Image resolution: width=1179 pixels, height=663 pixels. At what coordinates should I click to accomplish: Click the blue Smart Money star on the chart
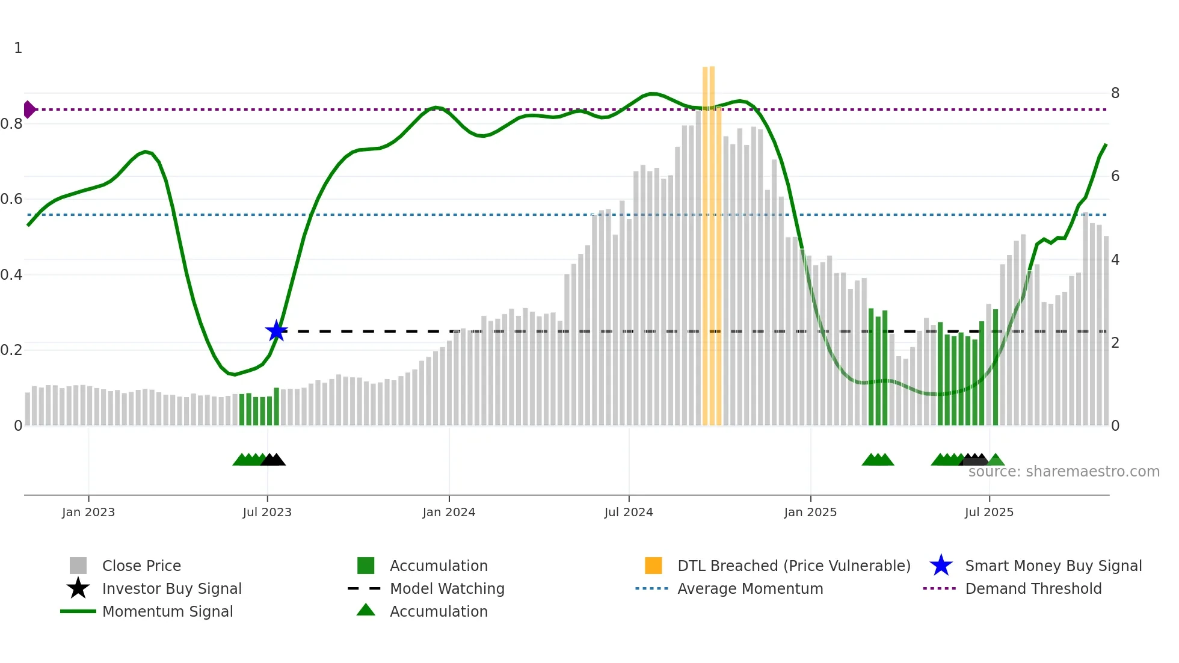click(x=276, y=331)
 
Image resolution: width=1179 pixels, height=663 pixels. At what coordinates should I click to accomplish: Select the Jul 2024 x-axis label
click(x=629, y=512)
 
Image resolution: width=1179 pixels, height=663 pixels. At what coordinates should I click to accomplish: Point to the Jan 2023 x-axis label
click(x=88, y=512)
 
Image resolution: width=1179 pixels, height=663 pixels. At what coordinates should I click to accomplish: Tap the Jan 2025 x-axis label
click(x=810, y=512)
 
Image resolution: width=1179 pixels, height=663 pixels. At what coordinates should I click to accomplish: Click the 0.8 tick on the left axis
click(x=11, y=124)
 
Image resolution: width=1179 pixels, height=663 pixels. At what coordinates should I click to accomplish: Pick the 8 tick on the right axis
click(x=1115, y=93)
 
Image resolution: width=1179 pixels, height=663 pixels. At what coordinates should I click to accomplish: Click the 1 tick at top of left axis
click(x=18, y=48)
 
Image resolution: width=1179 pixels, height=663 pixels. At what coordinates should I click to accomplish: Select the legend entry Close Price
click(x=141, y=566)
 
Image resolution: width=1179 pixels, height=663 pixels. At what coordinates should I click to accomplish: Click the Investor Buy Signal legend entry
click(x=171, y=588)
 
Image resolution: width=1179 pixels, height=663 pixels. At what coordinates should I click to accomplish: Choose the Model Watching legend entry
click(x=447, y=588)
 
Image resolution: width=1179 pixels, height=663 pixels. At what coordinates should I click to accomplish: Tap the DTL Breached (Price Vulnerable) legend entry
click(x=793, y=566)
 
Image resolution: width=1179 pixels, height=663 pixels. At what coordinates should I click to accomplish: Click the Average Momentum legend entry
click(x=750, y=588)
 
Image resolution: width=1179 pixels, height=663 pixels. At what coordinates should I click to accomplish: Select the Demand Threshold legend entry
click(x=1033, y=588)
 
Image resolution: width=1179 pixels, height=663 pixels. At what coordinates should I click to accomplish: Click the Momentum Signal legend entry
click(x=167, y=611)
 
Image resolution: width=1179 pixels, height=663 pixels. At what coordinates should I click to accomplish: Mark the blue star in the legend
click(x=941, y=566)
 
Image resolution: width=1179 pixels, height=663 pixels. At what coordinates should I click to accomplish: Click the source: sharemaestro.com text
click(x=1064, y=471)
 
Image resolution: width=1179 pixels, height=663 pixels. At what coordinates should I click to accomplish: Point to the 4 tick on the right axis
click(x=1115, y=260)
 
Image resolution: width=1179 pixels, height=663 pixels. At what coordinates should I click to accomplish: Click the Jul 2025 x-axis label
click(x=989, y=512)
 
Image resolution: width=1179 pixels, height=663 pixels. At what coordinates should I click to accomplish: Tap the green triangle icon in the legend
click(x=366, y=610)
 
